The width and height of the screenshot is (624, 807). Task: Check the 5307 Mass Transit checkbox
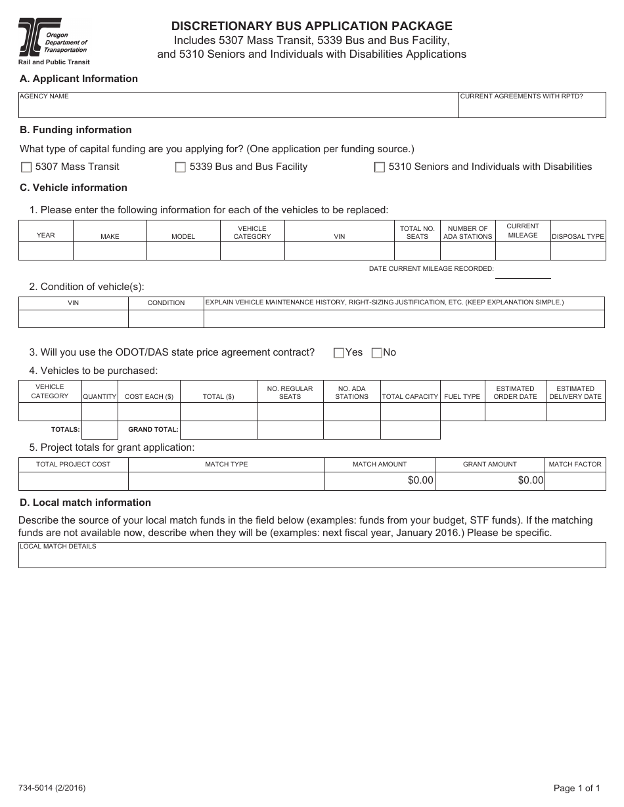pyautogui.click(x=26, y=167)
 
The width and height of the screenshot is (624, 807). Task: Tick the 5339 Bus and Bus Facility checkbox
pyautogui.click(x=180, y=167)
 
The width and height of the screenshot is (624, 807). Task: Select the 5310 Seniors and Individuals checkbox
pyautogui.click(x=379, y=167)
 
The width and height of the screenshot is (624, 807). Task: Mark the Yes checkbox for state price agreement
pyautogui.click(x=339, y=353)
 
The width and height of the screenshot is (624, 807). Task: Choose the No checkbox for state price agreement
pyautogui.click(x=376, y=353)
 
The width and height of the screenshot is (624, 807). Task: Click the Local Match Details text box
pyautogui.click(x=312, y=558)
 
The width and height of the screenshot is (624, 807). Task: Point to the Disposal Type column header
pyautogui.click(x=577, y=236)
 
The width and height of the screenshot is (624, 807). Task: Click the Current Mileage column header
pyautogui.click(x=523, y=231)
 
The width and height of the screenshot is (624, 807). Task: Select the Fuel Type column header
pyautogui.click(x=462, y=396)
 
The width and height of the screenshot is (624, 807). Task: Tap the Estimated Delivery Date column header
pyautogui.click(x=575, y=392)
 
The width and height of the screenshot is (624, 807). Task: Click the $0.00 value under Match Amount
pyautogui.click(x=420, y=480)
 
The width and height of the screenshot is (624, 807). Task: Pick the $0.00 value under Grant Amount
pyautogui.click(x=531, y=480)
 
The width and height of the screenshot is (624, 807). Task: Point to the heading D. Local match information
pyautogui.click(x=85, y=503)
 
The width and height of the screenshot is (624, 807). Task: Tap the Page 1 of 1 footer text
pyautogui.click(x=577, y=788)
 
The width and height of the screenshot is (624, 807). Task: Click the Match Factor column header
pyautogui.click(x=575, y=464)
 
